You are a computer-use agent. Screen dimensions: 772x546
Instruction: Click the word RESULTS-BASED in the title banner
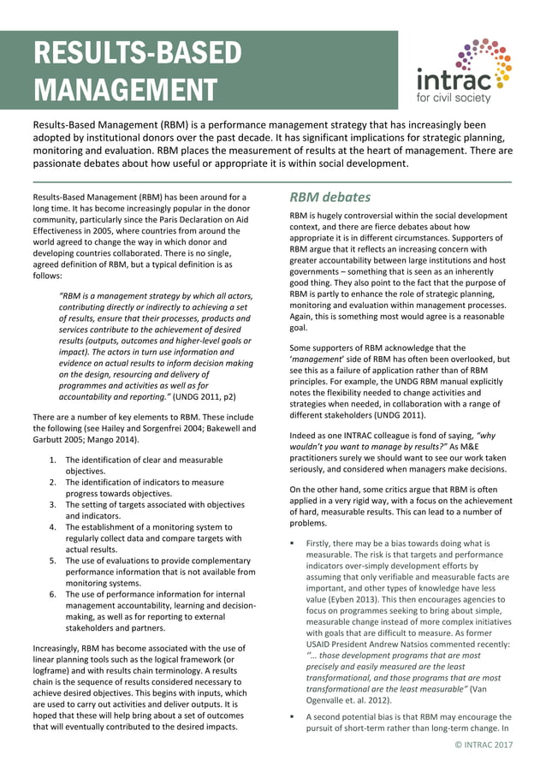[x=138, y=53]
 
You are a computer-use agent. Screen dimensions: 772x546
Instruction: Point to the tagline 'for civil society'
[x=454, y=98]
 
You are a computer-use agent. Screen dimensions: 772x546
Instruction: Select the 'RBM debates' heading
[x=329, y=198]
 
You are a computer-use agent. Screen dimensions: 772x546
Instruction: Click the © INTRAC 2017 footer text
[x=484, y=745]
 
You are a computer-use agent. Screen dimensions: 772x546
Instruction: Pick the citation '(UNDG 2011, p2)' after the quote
[x=206, y=398]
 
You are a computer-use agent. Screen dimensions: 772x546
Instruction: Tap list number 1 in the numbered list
[x=53, y=460]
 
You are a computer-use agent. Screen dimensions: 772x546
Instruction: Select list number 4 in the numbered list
[x=53, y=527]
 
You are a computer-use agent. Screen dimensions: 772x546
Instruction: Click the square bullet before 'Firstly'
[x=293, y=543]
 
